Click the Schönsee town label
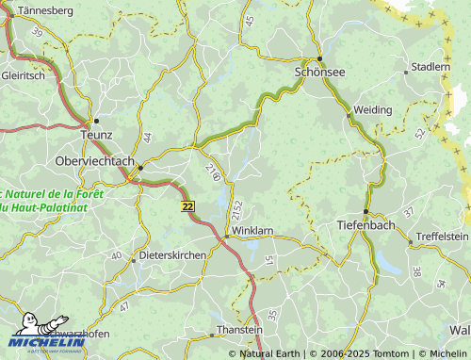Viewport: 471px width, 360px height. tap(320, 72)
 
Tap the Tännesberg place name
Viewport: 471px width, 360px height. tap(41, 10)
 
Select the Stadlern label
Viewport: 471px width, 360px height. tap(430, 68)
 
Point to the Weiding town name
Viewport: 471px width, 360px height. tap(373, 110)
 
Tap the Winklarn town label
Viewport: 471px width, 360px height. tap(252, 230)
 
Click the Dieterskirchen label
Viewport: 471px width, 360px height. tap(172, 255)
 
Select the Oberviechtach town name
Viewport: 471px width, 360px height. tap(95, 160)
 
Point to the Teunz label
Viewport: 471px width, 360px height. tap(97, 136)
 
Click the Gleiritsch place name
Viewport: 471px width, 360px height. tap(23, 76)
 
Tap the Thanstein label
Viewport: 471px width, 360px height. tap(239, 330)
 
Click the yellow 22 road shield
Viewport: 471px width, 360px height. tap(188, 205)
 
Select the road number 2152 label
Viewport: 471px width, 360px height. tap(237, 210)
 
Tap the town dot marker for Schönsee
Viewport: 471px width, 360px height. tap(319, 58)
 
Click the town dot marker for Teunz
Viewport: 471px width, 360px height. tap(95, 122)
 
